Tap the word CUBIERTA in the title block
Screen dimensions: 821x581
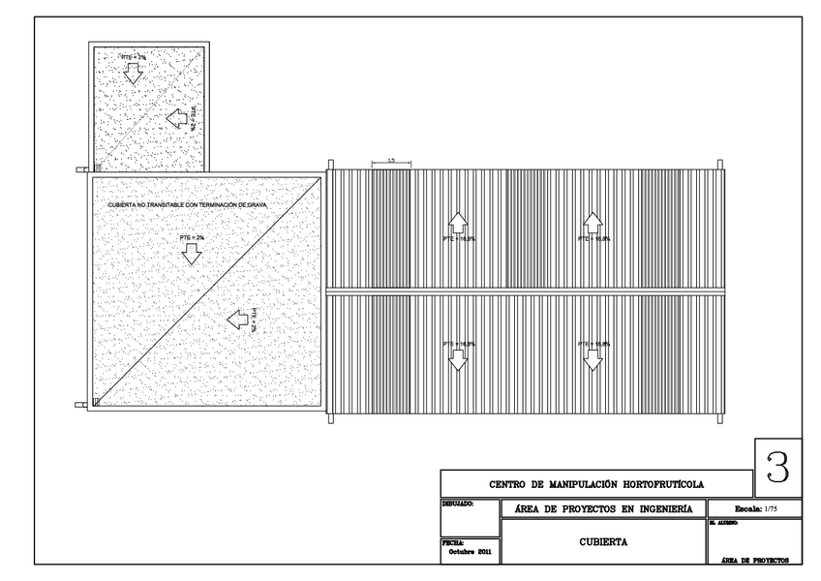pos(603,542)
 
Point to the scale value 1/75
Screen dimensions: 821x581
pos(770,508)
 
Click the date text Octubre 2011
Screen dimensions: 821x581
pos(471,551)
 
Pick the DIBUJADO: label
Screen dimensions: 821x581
pos(457,505)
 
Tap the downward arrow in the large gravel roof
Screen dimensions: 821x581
pos(192,253)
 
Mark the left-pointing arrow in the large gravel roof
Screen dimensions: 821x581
pos(235,319)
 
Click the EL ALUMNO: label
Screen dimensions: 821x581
pos(724,523)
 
